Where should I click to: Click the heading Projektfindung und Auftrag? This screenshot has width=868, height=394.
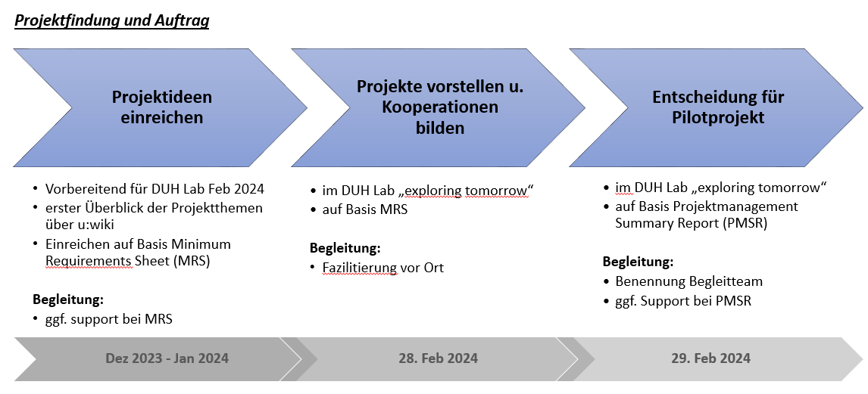[x=112, y=21]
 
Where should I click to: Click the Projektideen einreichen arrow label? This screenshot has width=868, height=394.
[x=162, y=107]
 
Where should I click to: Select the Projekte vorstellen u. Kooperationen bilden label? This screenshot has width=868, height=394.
[x=440, y=107]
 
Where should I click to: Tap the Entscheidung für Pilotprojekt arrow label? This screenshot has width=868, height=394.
[x=718, y=107]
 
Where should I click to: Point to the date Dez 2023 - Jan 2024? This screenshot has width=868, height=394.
[x=167, y=358]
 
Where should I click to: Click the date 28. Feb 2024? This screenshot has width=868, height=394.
[x=439, y=358]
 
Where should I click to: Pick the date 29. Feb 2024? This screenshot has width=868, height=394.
[x=711, y=358]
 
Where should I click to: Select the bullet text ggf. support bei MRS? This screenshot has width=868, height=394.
[x=109, y=319]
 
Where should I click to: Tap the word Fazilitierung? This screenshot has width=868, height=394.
[x=360, y=268]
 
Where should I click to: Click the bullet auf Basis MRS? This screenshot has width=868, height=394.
[x=365, y=209]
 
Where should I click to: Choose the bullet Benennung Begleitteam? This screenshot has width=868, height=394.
[x=689, y=281]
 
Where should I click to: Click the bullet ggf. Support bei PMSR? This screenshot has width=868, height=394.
[x=684, y=301]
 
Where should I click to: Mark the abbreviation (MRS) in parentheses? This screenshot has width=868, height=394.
[x=192, y=262]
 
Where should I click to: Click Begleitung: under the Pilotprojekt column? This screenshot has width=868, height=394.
[x=639, y=262]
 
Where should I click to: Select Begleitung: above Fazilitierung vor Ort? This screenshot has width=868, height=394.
[x=345, y=247]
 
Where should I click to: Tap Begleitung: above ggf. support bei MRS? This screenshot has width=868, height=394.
[x=68, y=300]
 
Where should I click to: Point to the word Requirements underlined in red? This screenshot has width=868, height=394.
[x=89, y=262]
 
